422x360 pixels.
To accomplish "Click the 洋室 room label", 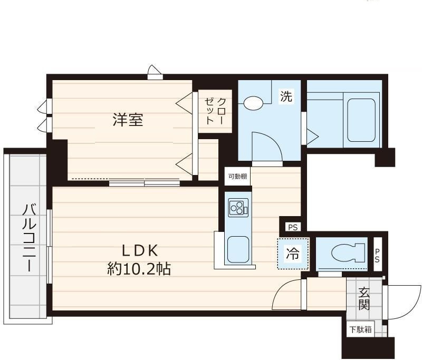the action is click(128, 120).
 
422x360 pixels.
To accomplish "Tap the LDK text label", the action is click(140, 250).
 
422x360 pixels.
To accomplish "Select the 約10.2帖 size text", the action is click(139, 269).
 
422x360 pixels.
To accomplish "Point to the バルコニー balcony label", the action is click(29, 238).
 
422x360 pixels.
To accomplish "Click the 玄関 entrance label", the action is click(363, 298).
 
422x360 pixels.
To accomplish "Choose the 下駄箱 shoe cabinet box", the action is click(360, 329).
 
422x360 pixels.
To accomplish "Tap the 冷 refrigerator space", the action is click(293, 254).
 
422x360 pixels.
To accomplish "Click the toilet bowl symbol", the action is click(348, 253).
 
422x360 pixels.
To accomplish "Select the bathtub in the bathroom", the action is click(361, 120).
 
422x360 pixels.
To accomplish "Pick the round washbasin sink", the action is click(254, 103).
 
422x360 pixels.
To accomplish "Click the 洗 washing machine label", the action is click(286, 96).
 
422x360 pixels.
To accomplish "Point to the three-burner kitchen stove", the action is click(238, 208).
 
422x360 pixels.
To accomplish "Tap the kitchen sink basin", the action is click(238, 250).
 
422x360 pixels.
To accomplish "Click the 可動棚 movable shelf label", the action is click(238, 177).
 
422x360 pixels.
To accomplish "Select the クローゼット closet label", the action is click(215, 111).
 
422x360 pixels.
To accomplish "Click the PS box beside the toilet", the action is click(377, 255).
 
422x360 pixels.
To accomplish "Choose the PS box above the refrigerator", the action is click(293, 228).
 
